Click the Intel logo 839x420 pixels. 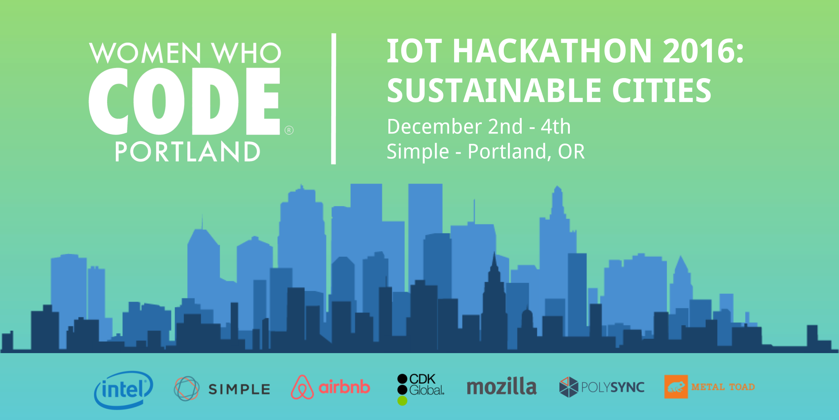tap(124, 390)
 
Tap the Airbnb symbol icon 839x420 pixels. tap(302, 387)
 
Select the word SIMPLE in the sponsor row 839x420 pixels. tap(239, 389)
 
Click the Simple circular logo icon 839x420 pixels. tap(186, 388)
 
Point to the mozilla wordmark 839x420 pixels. tap(501, 387)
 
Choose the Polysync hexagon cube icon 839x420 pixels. tap(569, 387)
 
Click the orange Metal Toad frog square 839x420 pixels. tap(676, 387)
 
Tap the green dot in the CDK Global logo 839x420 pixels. tap(402, 401)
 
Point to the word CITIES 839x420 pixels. tap(662, 90)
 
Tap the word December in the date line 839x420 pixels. tap(435, 126)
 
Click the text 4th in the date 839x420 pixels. tap(556, 126)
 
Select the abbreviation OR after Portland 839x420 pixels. tap(571, 151)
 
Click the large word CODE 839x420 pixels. tap(185, 101)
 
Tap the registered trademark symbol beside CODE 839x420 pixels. tap(289, 130)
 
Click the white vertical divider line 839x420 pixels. tap(333, 99)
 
